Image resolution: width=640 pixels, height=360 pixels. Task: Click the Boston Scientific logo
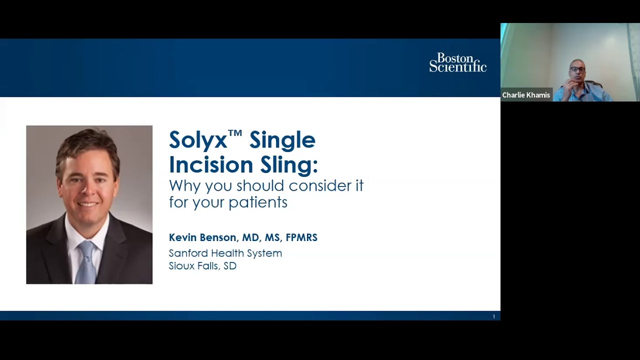coord(457,62)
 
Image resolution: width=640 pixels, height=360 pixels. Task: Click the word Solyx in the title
coord(197,140)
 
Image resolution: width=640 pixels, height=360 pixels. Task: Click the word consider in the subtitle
coord(313,186)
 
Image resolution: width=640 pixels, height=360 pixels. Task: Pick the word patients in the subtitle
coord(257,202)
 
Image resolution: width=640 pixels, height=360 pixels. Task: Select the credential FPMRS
coord(301,237)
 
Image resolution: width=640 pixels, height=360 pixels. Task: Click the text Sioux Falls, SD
coord(202,266)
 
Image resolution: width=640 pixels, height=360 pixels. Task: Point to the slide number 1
coord(493,316)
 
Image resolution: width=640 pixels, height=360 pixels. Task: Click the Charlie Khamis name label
coord(525,95)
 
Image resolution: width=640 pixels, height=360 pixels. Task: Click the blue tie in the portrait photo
coord(87,260)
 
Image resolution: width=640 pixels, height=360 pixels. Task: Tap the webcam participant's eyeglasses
coord(577,69)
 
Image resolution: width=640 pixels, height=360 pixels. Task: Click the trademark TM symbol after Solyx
coord(235,133)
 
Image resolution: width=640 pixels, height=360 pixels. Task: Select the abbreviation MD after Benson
coord(250,237)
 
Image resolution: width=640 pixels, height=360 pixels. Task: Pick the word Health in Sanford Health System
coord(224,253)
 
